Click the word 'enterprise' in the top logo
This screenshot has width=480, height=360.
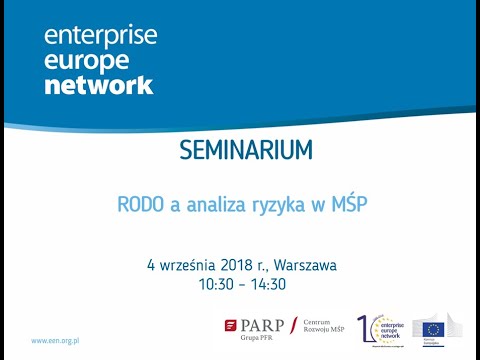coord(99,37)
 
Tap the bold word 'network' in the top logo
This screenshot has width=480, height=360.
coord(98,85)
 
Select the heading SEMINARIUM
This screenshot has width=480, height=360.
coord(245,151)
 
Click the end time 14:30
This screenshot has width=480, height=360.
coord(268,284)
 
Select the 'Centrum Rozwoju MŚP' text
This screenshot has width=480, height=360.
coord(322,329)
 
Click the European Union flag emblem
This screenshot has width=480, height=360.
coord(433,327)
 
